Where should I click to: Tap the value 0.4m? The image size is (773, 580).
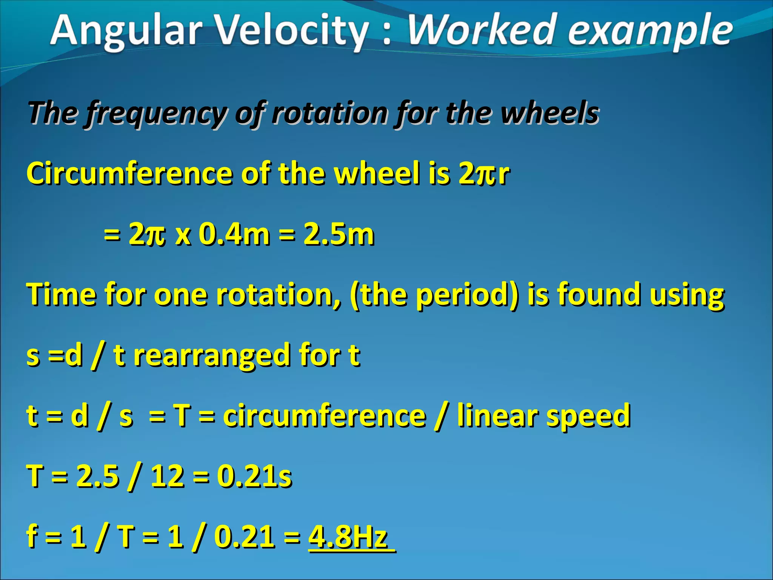pyautogui.click(x=234, y=234)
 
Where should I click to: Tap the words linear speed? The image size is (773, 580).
pyautogui.click(x=544, y=415)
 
